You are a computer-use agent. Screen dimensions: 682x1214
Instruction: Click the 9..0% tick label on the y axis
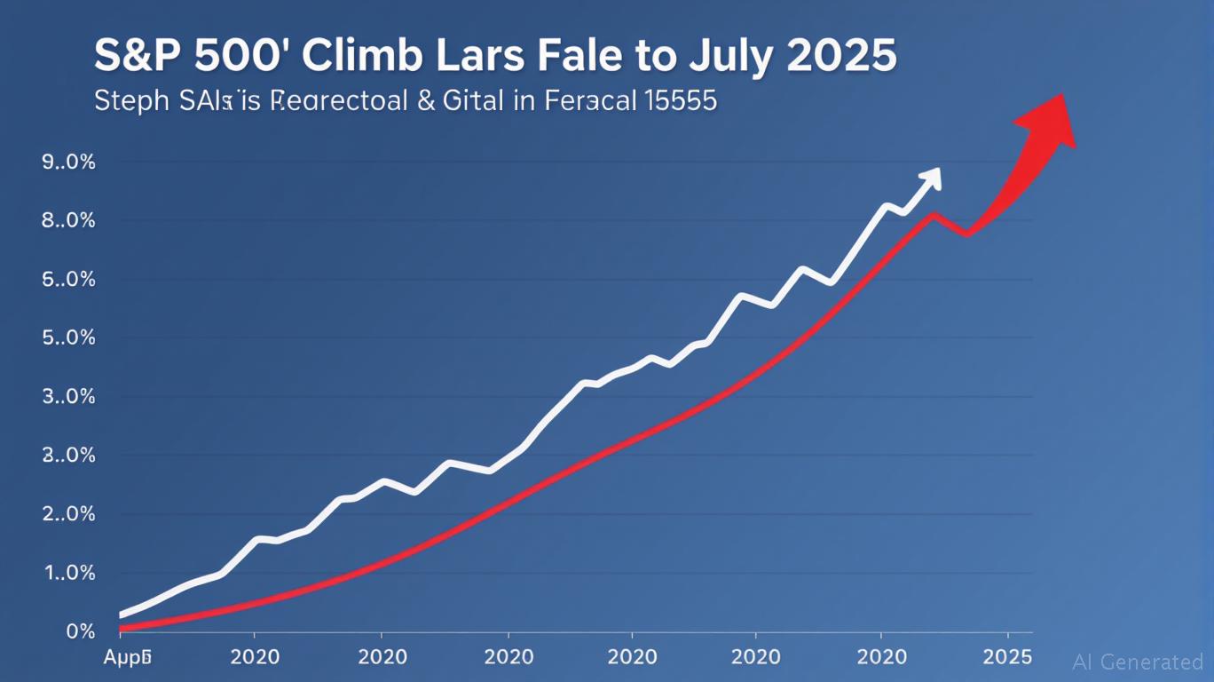[x=68, y=163]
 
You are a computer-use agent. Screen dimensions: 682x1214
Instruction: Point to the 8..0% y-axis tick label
[x=68, y=221]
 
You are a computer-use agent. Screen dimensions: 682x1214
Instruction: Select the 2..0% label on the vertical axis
[x=68, y=514]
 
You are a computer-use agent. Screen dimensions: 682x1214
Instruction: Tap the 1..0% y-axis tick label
[x=68, y=574]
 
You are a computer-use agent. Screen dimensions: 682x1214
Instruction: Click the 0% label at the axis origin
[x=80, y=632]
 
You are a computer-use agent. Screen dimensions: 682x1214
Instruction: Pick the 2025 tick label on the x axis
[x=1008, y=657]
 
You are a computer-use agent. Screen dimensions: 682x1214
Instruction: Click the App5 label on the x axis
[x=128, y=658]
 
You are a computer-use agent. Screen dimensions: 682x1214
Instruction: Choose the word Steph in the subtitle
[x=130, y=100]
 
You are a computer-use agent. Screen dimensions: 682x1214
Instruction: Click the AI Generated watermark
[x=1138, y=662]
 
